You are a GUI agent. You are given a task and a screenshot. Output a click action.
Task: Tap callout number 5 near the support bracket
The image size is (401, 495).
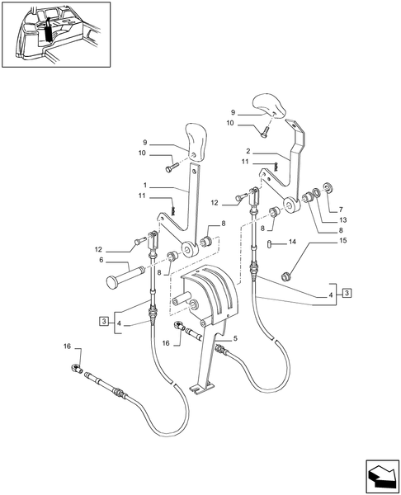point(235,338)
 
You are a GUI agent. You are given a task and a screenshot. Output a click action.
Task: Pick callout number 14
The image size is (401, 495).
point(291,243)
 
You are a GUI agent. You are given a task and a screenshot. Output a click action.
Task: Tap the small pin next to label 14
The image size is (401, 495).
point(271,242)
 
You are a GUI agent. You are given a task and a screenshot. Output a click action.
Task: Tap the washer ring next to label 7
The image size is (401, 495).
point(327,189)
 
